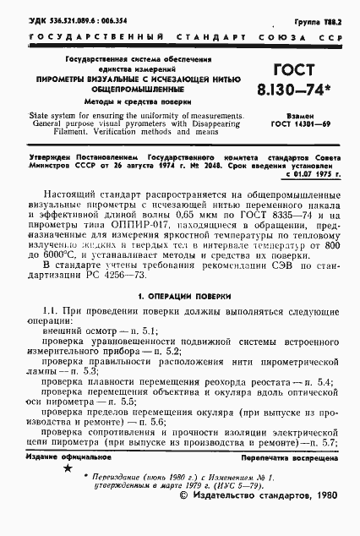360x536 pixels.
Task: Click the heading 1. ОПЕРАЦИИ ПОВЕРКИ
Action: tap(179, 303)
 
